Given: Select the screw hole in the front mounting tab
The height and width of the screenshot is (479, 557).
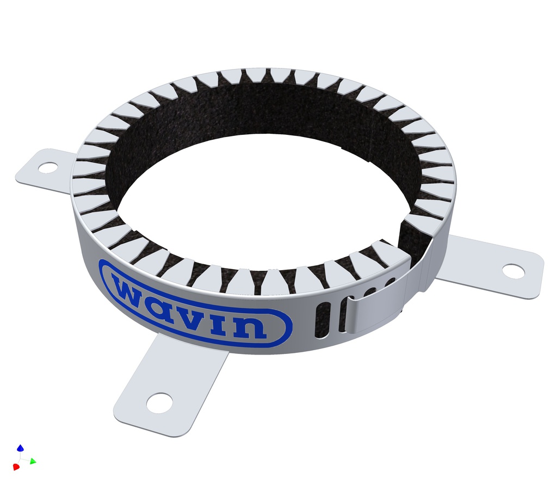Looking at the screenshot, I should (x=159, y=402).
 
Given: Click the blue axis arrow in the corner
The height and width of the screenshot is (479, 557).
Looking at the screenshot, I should (x=20, y=448).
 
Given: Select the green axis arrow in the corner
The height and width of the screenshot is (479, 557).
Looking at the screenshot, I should (x=33, y=461).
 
